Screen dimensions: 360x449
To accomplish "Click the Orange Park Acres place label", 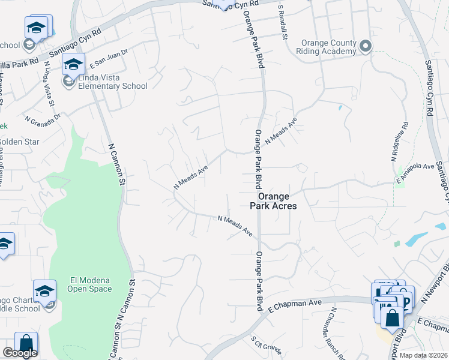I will coord(277,200).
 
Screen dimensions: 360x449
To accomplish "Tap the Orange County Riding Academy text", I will coord(329,47).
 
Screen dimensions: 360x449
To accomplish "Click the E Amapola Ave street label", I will coord(415,172).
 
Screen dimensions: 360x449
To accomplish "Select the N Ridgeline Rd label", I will coord(399,142).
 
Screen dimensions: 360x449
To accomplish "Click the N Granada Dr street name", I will coord(43,118).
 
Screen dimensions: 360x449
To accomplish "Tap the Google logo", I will coord(20,353).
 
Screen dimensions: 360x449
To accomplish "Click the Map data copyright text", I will coord(423,355).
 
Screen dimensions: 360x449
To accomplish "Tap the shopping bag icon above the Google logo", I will coord(26,344).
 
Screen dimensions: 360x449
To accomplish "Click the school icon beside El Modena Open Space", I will coord(44,292).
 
